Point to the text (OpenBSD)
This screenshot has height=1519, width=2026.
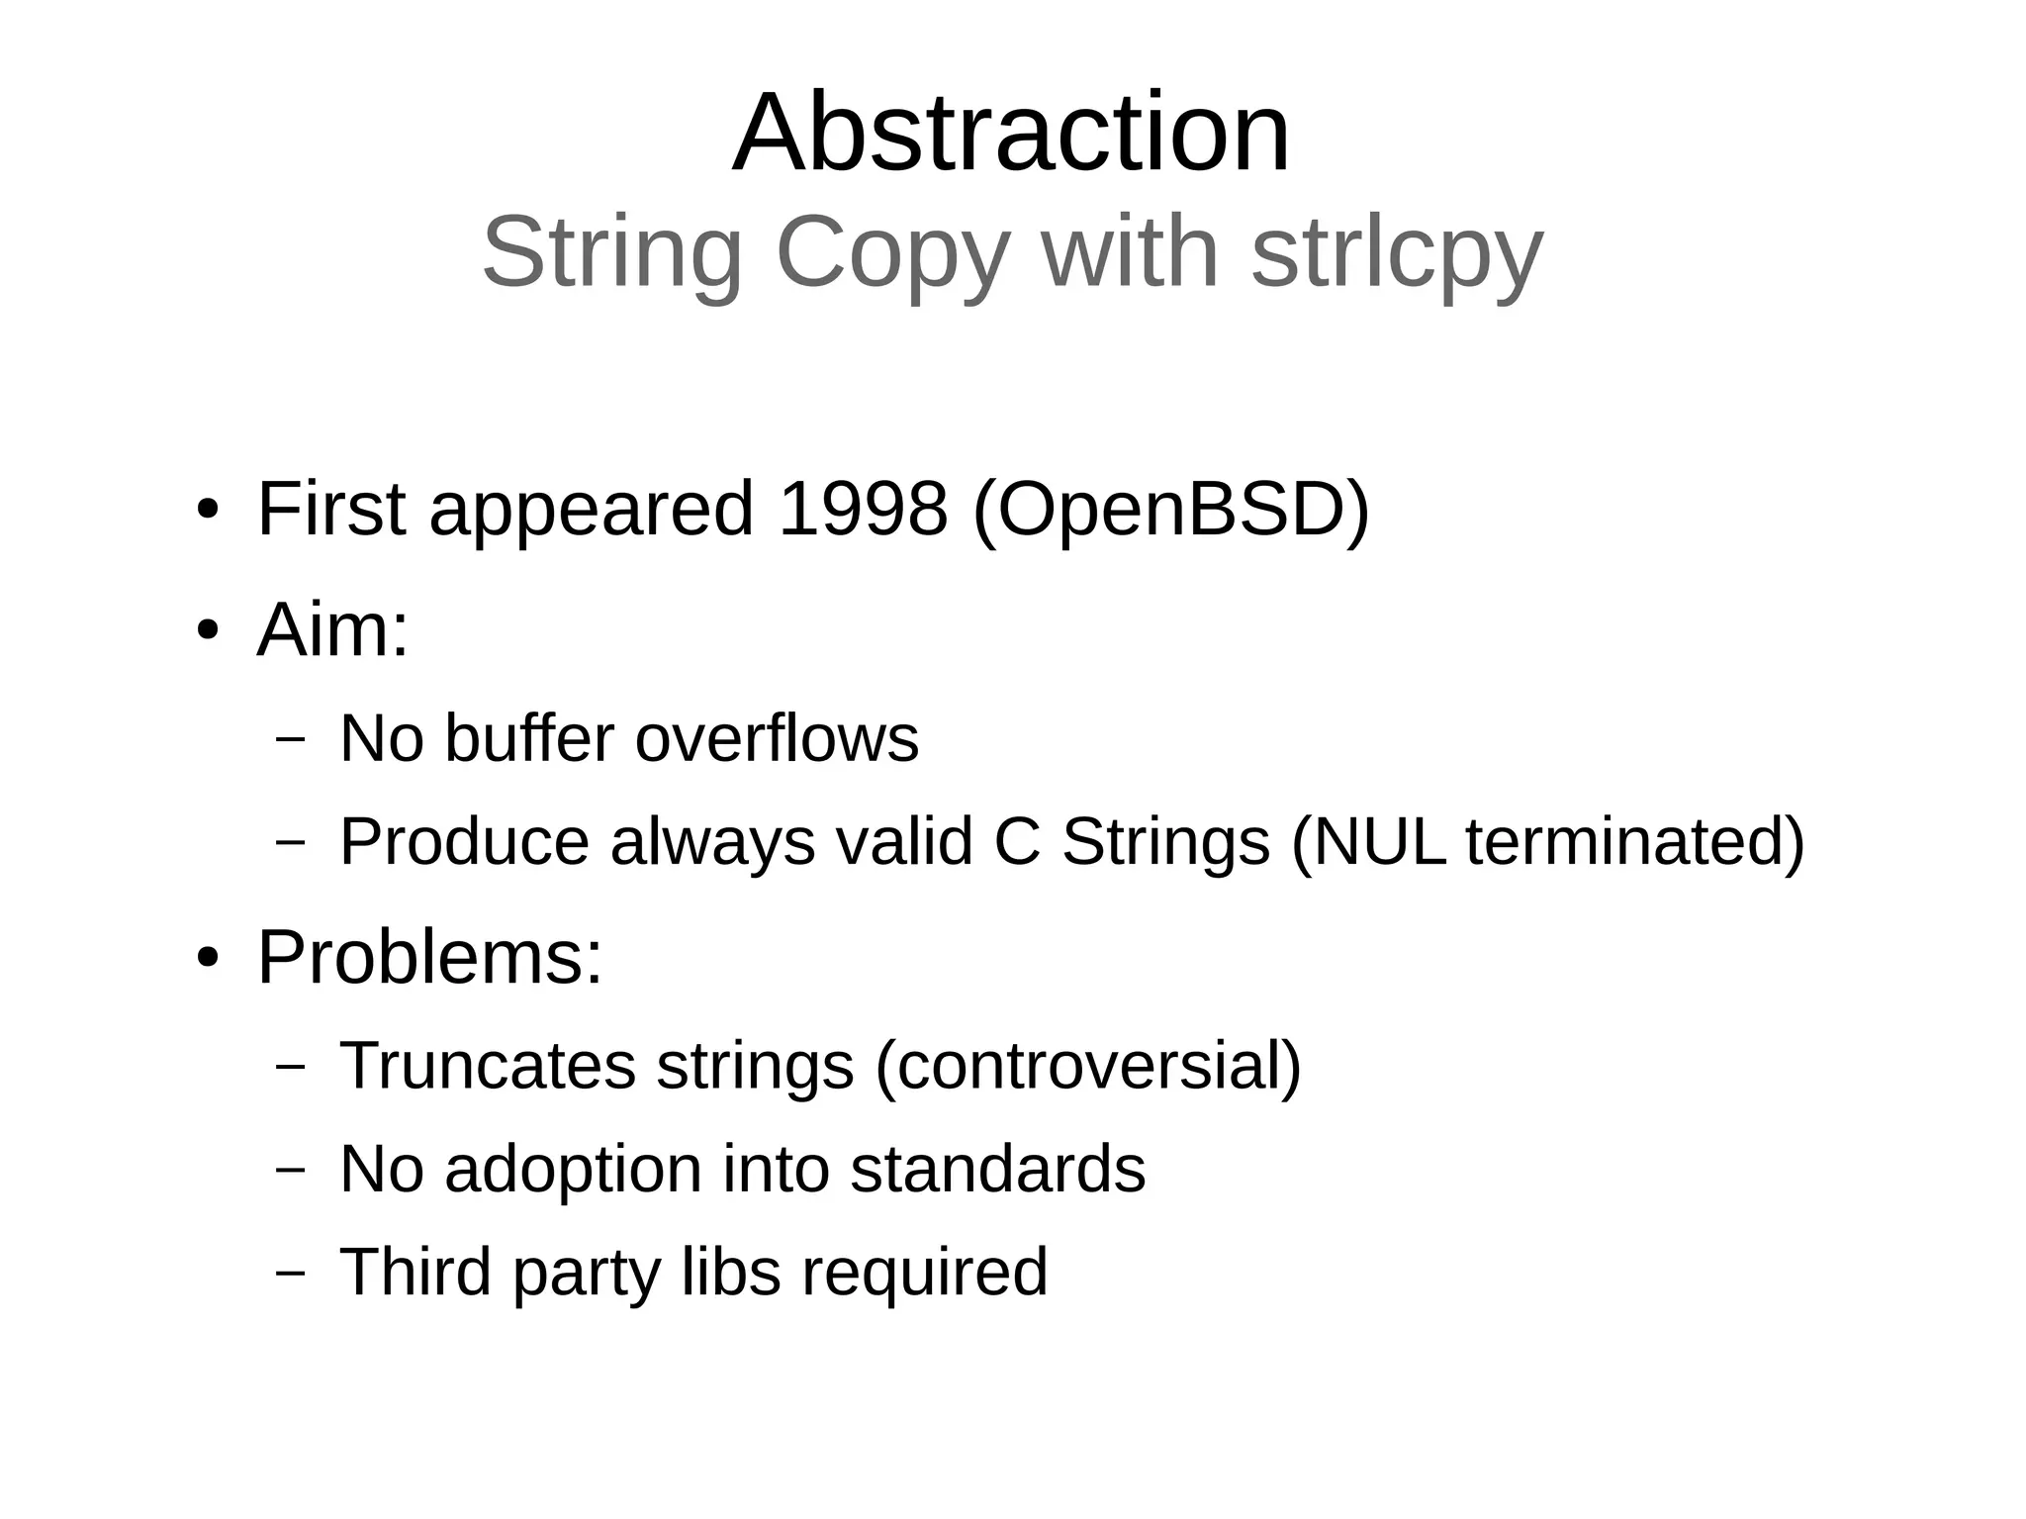(x=1171, y=511)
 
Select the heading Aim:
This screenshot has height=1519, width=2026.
(x=332, y=629)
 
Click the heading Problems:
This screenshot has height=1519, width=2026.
(x=429, y=958)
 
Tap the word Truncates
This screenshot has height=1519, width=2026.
(x=488, y=1066)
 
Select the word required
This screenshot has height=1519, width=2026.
(x=924, y=1273)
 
